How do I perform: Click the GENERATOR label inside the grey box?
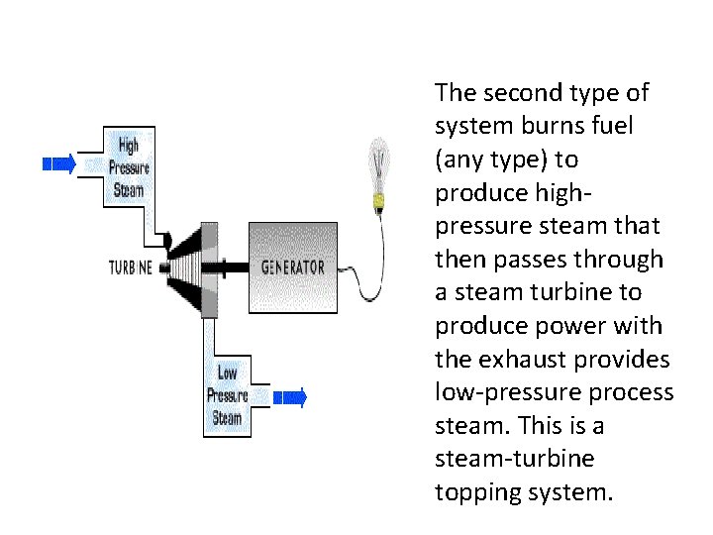[x=293, y=267]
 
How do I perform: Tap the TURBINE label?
[x=131, y=267]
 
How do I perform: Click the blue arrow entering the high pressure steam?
[x=59, y=163]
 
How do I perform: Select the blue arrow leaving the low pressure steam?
[x=290, y=397]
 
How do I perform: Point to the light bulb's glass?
[x=378, y=164]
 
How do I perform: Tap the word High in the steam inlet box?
[x=128, y=146]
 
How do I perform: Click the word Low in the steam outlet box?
[x=227, y=374]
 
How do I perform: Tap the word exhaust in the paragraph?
[x=524, y=359]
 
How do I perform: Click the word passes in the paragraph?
[x=530, y=261]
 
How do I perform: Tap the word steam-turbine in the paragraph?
[x=514, y=459]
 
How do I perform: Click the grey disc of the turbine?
[x=209, y=270]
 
